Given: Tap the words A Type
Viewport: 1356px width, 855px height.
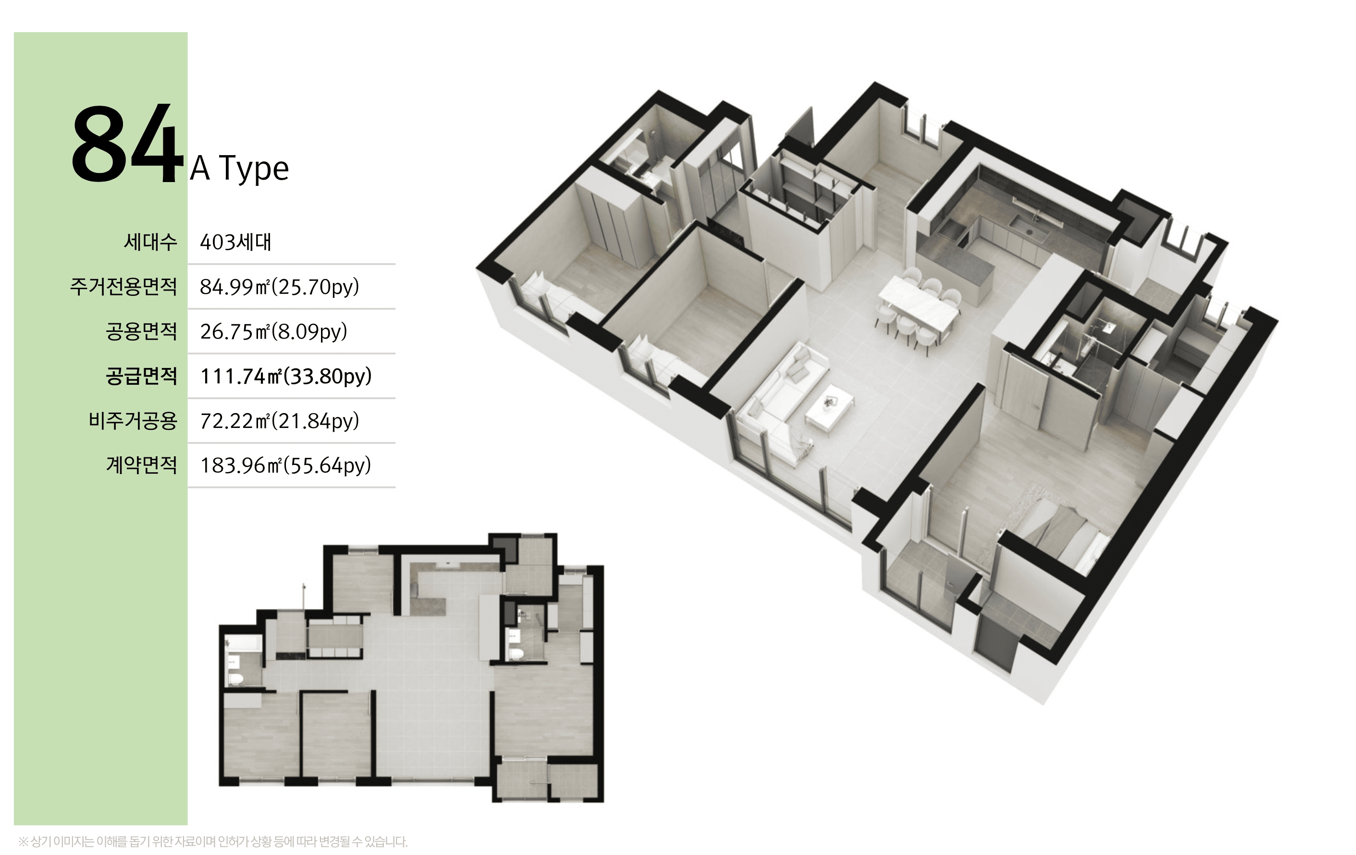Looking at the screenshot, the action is click(239, 168).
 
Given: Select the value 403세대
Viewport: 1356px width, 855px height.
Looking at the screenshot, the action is click(235, 242).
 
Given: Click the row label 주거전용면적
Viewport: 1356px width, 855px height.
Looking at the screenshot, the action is click(123, 286).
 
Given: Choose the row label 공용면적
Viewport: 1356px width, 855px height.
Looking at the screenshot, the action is click(141, 331).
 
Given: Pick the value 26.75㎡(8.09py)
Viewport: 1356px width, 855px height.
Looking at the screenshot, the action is click(274, 331).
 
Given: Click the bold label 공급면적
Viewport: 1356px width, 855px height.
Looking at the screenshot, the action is click(141, 376).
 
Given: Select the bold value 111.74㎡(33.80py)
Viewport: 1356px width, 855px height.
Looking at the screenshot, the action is click(286, 376).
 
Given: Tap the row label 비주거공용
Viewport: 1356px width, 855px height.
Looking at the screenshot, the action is click(133, 420).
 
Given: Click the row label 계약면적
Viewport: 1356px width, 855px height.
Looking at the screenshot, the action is click(141, 465).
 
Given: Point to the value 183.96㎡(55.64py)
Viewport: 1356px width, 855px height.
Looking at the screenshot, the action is click(285, 465).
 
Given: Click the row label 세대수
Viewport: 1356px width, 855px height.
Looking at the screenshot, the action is click(150, 242).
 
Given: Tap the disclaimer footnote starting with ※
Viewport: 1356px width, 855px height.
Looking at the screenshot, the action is click(213, 842).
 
